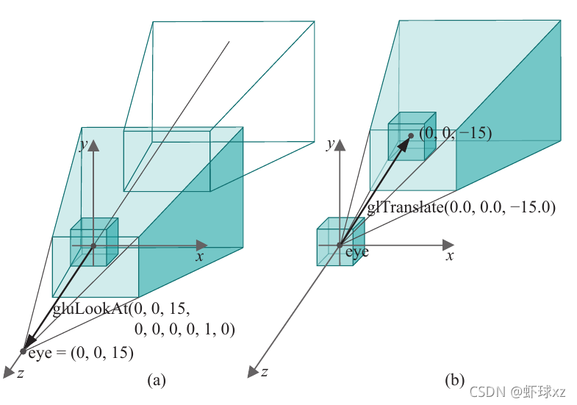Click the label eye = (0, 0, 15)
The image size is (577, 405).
(81, 353)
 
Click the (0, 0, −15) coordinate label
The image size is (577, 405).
(455, 133)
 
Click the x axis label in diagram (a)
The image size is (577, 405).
(199, 257)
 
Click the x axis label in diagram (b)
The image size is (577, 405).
(450, 257)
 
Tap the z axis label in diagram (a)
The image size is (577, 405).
(21, 373)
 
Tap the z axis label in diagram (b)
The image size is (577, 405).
(263, 373)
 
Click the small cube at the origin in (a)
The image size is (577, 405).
(94, 243)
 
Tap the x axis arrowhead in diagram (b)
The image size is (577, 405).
(448, 243)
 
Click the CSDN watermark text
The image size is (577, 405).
(518, 390)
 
